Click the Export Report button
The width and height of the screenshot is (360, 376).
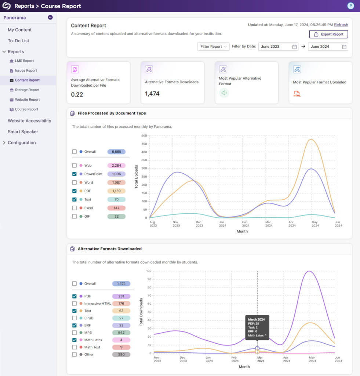point(328,34)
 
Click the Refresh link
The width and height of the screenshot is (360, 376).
point(341,25)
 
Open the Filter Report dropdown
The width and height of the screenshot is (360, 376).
point(213,47)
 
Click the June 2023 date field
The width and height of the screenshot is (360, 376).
point(278,47)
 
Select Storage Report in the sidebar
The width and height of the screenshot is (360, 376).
point(27,90)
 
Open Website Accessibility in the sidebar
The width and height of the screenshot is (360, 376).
point(29,121)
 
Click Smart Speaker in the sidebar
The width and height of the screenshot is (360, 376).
point(23,132)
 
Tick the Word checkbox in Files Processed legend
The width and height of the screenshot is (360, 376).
point(74,182)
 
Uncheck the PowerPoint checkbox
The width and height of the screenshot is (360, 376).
point(74,174)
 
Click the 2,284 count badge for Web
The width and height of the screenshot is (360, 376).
point(116,166)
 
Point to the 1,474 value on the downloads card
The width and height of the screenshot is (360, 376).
point(152,94)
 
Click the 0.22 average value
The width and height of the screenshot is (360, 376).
point(77,94)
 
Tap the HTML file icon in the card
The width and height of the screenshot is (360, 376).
point(297,94)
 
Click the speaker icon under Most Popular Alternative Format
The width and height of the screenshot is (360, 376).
point(224,93)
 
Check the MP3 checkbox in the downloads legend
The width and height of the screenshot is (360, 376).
point(74,333)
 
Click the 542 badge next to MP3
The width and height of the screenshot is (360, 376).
point(121,333)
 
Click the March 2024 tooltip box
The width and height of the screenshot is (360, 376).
point(257,327)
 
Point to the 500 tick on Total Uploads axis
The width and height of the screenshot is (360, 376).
point(144,135)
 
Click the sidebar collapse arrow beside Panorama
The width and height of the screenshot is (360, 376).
point(50,17)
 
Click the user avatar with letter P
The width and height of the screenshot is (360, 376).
point(350,6)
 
